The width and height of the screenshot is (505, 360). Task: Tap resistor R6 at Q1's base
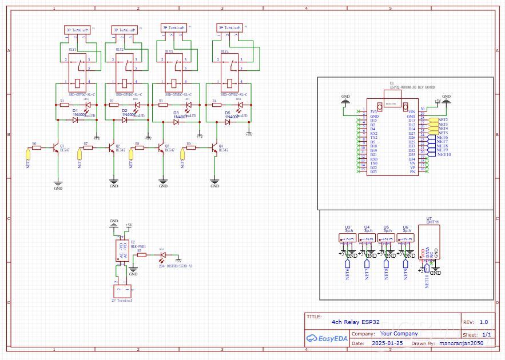point(37,147)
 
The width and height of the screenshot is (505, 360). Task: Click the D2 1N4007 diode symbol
point(125,120)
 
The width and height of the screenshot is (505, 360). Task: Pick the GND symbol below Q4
point(215,183)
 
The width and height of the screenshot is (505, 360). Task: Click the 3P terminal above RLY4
point(228,27)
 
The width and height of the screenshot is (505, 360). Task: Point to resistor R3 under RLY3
point(162,105)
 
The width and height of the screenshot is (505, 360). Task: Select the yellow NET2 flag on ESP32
point(442,121)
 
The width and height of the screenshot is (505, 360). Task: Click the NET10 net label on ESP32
point(444,155)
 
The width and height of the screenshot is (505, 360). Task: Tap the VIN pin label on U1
point(411,111)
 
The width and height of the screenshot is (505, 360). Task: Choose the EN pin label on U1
point(412,171)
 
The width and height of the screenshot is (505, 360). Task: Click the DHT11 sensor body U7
point(432,240)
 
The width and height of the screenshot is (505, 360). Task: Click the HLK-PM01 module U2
point(121,252)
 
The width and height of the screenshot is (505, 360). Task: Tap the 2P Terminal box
point(121,291)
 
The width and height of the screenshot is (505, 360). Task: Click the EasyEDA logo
point(326,338)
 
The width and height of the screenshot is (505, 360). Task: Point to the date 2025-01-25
point(387,344)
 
